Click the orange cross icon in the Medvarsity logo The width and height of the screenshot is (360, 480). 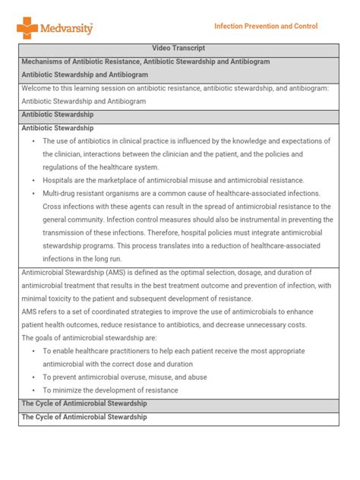click(x=27, y=28)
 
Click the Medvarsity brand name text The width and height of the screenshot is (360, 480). click(x=68, y=28)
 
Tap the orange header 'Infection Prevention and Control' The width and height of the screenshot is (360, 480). click(x=266, y=26)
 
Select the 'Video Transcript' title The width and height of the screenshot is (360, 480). click(x=179, y=48)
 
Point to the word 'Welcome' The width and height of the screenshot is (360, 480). click(x=37, y=88)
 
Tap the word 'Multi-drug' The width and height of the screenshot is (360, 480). click(x=62, y=194)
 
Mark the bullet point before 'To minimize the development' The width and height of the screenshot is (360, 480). click(x=33, y=390)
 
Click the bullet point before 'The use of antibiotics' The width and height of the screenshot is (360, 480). click(x=33, y=141)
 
